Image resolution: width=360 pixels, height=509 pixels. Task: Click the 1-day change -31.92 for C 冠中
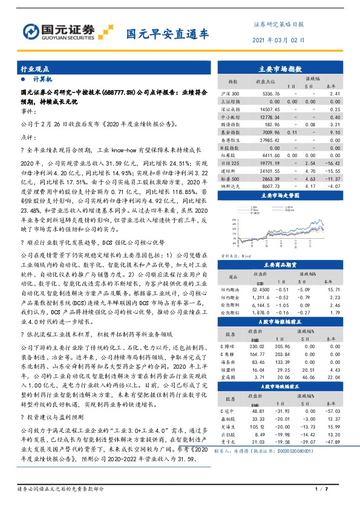point(284,411)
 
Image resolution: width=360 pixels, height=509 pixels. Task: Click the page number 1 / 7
point(321,488)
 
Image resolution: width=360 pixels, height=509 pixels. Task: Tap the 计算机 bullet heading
point(42,79)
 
